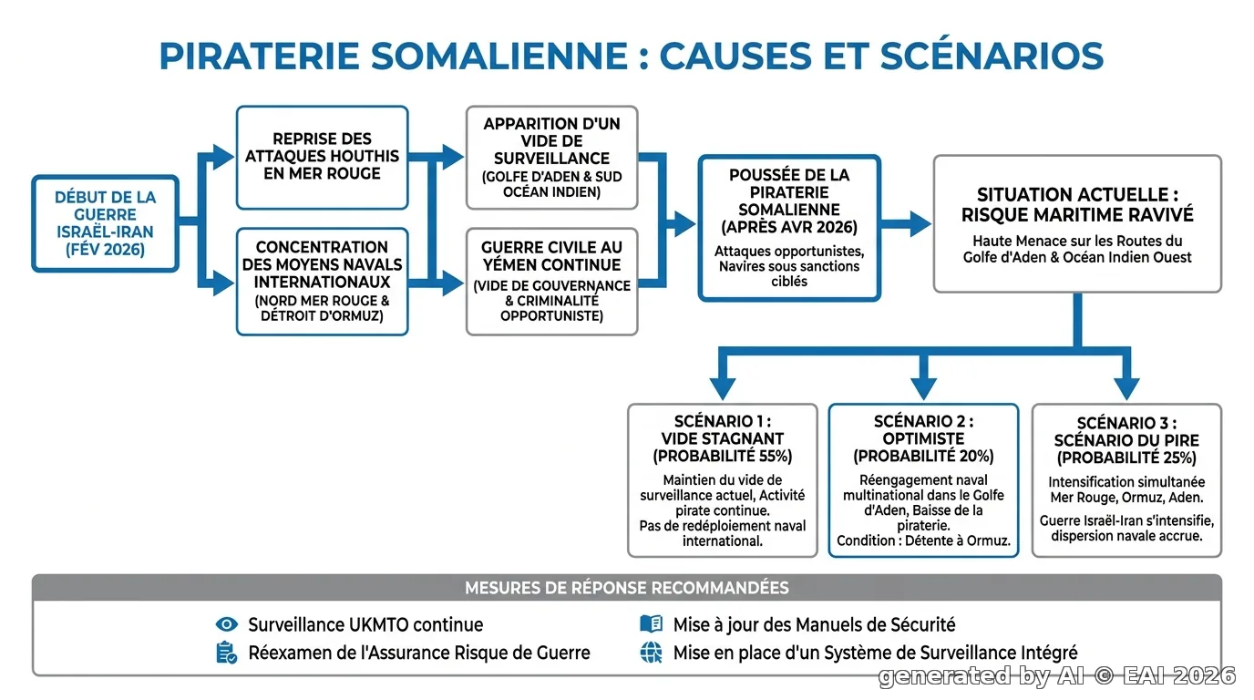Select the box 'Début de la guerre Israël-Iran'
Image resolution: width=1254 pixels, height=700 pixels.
coord(105,223)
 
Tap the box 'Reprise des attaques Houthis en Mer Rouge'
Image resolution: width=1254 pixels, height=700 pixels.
coord(322,158)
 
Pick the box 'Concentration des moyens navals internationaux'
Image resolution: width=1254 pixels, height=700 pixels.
coord(322,281)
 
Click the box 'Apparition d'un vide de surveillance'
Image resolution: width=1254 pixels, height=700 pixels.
coord(551,158)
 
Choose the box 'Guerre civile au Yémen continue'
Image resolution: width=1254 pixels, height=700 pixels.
coord(551,281)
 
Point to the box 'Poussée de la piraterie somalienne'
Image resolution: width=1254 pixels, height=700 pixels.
coord(789,228)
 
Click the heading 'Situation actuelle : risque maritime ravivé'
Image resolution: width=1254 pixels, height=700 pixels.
coord(1077,205)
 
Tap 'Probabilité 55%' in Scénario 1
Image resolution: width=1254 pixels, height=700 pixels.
coord(722,457)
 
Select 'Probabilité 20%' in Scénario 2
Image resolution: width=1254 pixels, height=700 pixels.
coord(923,457)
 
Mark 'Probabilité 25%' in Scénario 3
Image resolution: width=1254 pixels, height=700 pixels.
coord(1126,458)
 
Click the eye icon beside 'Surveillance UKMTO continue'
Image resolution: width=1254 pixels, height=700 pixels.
coord(227,624)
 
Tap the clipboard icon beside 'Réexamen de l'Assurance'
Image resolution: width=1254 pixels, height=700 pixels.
coord(226,653)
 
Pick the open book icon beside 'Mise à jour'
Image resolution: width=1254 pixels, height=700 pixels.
coord(651,623)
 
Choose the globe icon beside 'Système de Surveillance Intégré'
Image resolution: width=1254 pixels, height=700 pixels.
coord(651,653)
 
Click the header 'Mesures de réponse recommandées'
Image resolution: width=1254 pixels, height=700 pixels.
coord(627,588)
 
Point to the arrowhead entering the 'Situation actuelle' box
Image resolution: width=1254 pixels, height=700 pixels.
coord(920,224)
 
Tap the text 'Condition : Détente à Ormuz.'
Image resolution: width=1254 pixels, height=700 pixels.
coord(923,541)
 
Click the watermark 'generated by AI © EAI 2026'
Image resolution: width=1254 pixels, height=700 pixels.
coord(1057,676)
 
